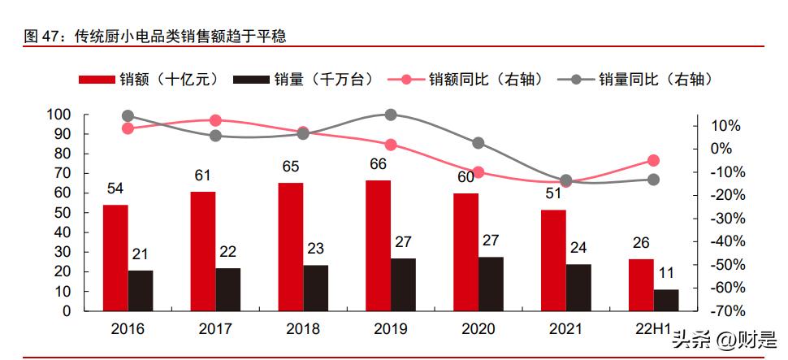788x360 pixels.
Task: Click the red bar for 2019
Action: coord(378,245)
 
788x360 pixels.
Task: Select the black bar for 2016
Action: coord(141,290)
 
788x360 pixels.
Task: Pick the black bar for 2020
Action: coord(491,284)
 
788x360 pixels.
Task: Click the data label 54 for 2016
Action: coord(115,189)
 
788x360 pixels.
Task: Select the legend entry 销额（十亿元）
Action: coord(150,79)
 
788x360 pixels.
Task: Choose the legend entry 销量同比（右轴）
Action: coord(641,79)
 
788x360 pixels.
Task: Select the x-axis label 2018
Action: coord(303,329)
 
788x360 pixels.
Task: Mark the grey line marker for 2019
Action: coord(391,115)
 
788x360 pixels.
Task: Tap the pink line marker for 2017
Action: coord(215,120)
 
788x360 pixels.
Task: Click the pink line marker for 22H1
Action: coord(653,161)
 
